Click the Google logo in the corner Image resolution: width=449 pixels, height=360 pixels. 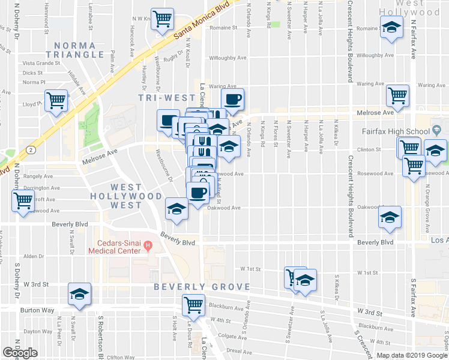coord(20,353)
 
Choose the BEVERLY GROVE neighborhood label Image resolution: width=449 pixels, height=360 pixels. coord(201,287)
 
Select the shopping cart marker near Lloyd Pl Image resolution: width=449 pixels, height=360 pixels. coord(56,100)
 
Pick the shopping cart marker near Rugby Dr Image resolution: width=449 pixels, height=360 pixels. coord(162,19)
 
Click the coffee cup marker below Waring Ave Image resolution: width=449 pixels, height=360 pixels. coord(232,98)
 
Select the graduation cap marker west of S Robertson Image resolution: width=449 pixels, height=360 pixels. coord(79,293)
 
